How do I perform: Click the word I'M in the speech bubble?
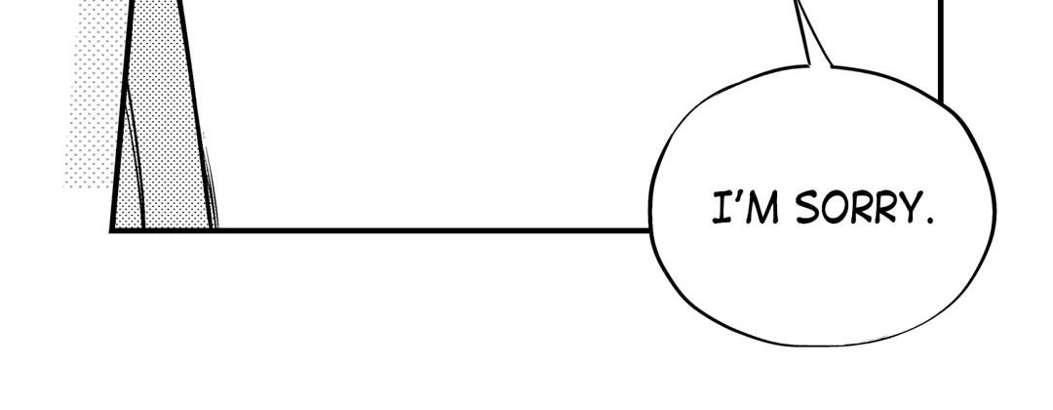point(745,208)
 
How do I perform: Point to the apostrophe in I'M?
point(734,196)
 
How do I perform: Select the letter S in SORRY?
point(807,208)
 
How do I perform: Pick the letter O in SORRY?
point(833,208)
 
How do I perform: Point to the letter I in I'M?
point(721,208)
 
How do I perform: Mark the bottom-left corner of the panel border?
point(111,230)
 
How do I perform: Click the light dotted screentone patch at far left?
point(94,94)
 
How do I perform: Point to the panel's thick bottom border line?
point(381,230)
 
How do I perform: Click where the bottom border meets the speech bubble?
point(650,230)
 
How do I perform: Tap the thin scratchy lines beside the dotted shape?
point(211,188)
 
